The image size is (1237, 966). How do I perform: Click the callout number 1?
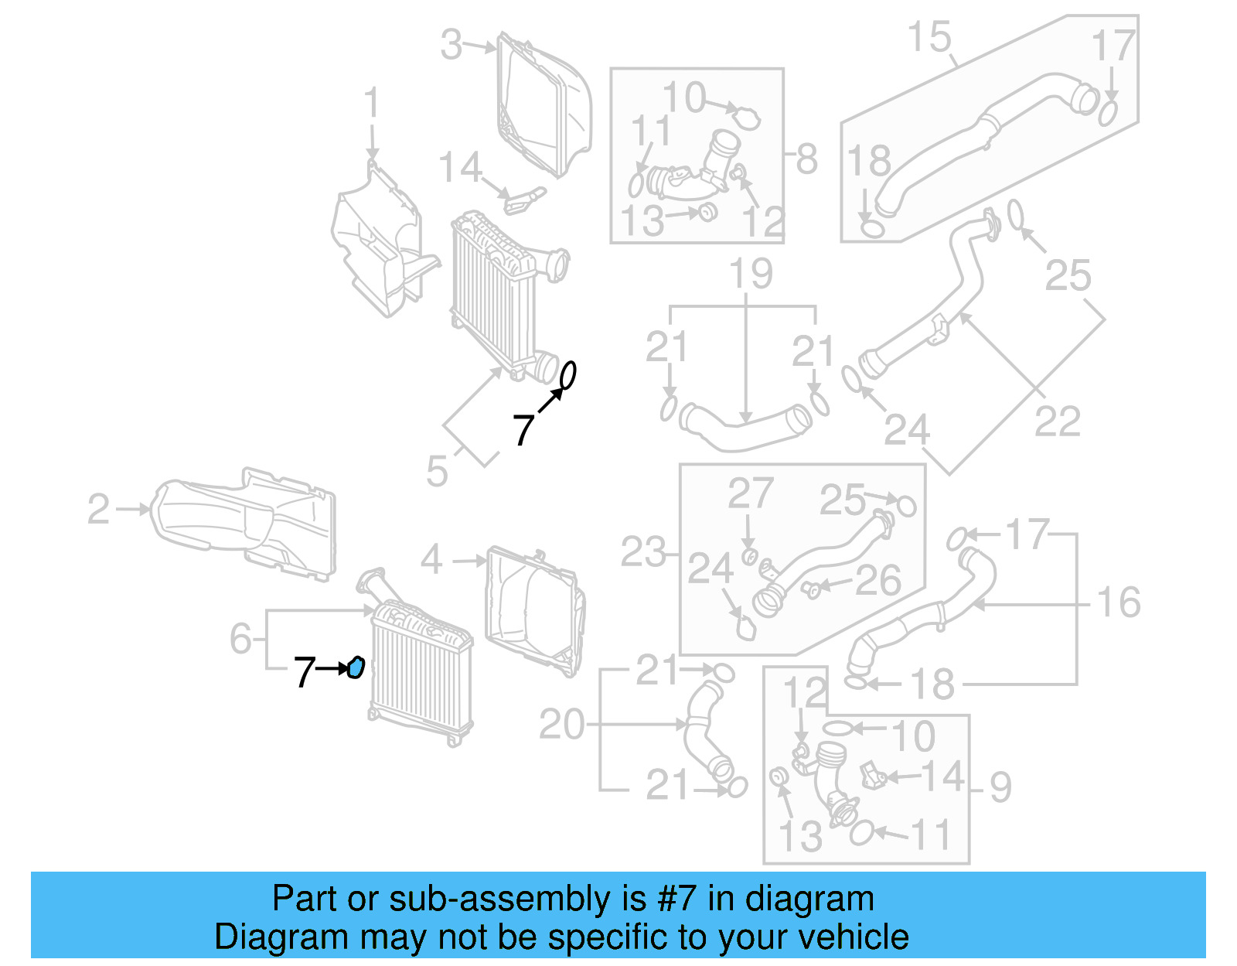[372, 103]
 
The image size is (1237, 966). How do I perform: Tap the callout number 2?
[99, 509]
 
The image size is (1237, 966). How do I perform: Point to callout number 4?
[431, 559]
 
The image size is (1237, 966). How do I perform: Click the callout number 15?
[929, 37]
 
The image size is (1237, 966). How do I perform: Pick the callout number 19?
[751, 274]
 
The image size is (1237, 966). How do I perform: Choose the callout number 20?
[561, 725]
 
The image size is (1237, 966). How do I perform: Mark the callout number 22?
[1057, 422]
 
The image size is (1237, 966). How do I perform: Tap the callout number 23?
[642, 552]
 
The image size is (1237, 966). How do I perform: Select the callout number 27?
[750, 493]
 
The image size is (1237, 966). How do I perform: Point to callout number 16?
[1118, 602]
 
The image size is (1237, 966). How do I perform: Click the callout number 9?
[1000, 787]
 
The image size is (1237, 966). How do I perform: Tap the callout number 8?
[806, 159]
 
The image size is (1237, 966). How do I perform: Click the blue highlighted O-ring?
[356, 667]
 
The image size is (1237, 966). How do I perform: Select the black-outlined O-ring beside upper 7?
[567, 376]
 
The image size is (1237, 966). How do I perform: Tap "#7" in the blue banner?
[676, 899]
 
